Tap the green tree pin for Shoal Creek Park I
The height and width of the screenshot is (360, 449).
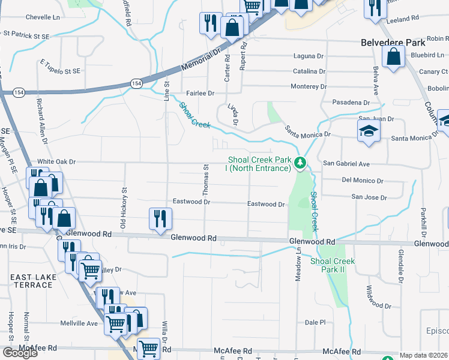[x=301, y=162]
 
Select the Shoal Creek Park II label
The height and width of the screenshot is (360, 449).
[x=333, y=265]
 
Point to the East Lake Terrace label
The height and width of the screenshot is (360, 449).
[x=31, y=280]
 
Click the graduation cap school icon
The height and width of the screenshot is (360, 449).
[x=369, y=131]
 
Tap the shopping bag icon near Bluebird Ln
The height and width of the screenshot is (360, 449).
[x=393, y=58]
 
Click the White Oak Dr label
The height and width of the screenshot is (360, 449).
[x=56, y=162]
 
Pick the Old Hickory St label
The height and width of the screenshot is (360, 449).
[x=124, y=208]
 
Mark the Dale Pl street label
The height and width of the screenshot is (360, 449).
[x=315, y=322]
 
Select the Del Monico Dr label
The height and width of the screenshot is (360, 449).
[x=362, y=181]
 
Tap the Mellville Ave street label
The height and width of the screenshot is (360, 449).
[x=79, y=323]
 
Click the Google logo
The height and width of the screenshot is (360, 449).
[x=20, y=353]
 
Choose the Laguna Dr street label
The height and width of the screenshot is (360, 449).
[x=309, y=56]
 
